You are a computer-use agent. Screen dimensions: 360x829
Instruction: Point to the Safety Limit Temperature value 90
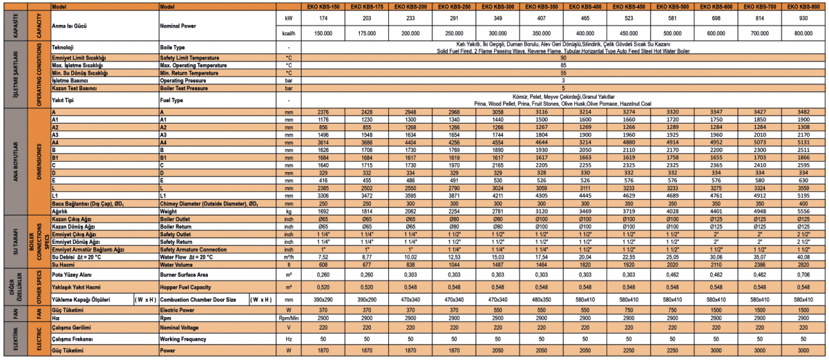[563, 57]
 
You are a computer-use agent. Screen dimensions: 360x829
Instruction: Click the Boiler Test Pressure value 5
[563, 88]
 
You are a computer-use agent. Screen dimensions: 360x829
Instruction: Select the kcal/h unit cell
[289, 33]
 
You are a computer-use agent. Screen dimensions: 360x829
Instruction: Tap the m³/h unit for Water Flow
[289, 256]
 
